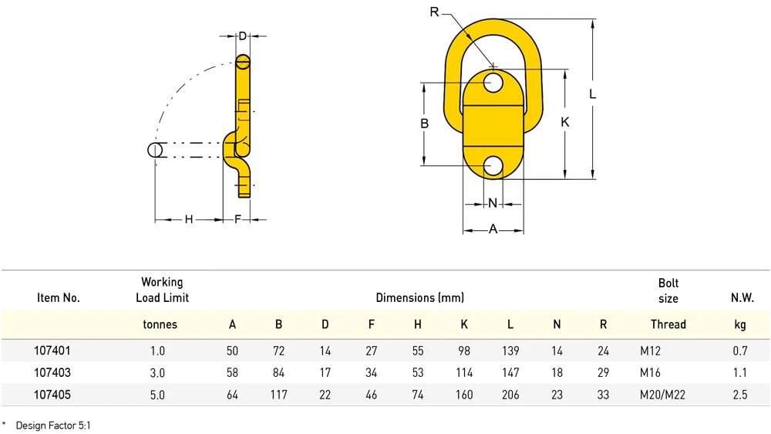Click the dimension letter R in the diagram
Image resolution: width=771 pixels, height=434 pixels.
[x=434, y=12]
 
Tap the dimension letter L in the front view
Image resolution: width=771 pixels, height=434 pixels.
[x=592, y=93]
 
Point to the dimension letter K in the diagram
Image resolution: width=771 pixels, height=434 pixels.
[x=565, y=122]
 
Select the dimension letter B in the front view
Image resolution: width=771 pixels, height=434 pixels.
[x=424, y=124]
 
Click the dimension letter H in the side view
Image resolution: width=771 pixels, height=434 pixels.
[x=189, y=219]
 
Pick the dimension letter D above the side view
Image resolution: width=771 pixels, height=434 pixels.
[x=242, y=36]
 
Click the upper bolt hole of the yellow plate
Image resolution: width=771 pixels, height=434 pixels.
[x=493, y=83]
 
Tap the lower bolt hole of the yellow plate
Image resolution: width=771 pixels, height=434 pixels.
[x=493, y=166]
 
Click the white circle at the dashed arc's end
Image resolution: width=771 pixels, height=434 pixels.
[x=155, y=151]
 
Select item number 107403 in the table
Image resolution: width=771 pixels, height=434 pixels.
[x=52, y=373]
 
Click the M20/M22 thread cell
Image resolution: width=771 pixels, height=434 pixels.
[x=662, y=395]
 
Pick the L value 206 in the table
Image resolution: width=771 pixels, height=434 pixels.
[x=510, y=395]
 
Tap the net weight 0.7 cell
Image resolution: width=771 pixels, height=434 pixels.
[x=740, y=351]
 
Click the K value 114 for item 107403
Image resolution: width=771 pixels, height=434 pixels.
[x=464, y=373]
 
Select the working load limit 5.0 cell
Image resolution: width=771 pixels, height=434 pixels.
[x=157, y=395]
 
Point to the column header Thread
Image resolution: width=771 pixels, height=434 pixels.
[x=668, y=324]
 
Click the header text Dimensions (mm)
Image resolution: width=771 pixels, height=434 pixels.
[x=420, y=297]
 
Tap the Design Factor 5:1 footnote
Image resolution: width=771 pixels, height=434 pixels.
[x=53, y=426]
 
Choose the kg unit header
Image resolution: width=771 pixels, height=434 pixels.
[x=740, y=324]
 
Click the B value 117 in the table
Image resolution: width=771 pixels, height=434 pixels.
[x=279, y=395]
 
